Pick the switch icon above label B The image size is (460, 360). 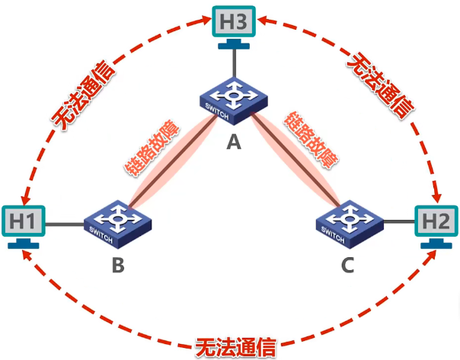pos(117,223)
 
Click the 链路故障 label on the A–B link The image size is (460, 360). pos(152,145)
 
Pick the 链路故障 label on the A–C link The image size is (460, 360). pos(311,139)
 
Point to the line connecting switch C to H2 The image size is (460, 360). pos(398,222)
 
